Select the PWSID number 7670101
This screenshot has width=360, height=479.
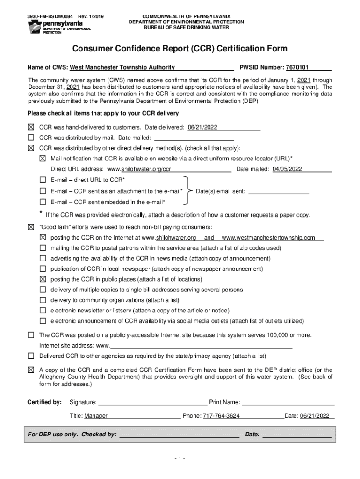[x=300, y=67]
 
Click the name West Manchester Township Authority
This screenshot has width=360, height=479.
[x=122, y=67]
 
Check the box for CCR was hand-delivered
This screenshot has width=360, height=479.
[x=31, y=127]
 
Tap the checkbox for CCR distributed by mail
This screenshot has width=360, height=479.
[x=31, y=138]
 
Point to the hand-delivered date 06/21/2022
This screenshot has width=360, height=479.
[x=202, y=127]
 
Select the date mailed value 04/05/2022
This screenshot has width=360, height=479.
[x=287, y=169]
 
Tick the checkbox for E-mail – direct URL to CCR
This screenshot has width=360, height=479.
[x=43, y=180]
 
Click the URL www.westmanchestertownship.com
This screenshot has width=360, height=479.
[x=268, y=238]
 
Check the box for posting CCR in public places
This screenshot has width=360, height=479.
[x=43, y=279]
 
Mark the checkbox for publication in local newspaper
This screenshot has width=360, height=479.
[x=43, y=269]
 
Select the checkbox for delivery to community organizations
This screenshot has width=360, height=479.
[x=43, y=300]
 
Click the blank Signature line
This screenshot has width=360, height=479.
[x=152, y=402]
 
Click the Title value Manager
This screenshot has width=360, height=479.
[x=96, y=416]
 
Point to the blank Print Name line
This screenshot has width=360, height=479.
[x=288, y=402]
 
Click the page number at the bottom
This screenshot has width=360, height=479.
[x=180, y=459]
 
